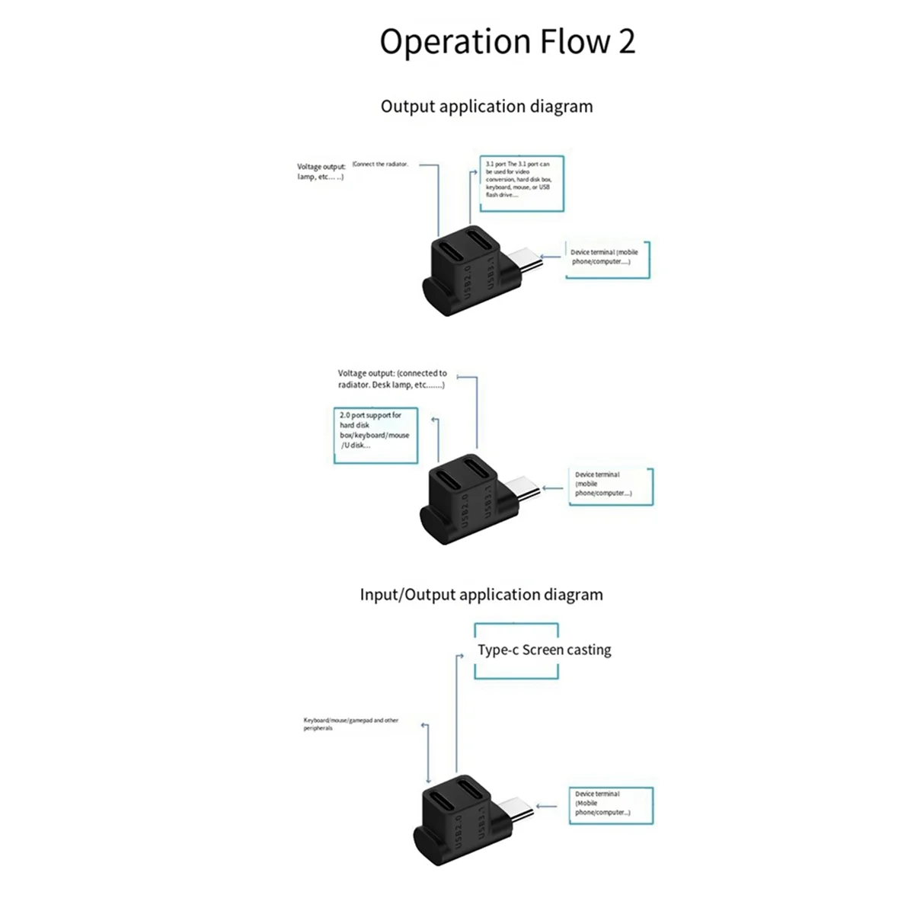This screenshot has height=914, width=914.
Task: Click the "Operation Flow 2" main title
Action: [507, 41]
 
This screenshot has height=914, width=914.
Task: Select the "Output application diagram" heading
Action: [487, 107]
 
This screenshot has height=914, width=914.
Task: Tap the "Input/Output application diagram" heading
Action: [481, 595]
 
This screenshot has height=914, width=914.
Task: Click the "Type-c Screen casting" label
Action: [544, 650]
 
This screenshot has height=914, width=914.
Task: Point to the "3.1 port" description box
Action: [522, 184]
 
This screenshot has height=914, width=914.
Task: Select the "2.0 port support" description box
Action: [376, 435]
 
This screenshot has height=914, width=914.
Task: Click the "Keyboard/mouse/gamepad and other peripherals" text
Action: [351, 724]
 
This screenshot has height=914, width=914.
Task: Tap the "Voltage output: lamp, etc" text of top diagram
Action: [321, 171]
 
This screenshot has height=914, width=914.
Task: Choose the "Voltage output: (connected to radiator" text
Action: [392, 379]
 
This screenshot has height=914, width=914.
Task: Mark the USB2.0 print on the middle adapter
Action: [465, 508]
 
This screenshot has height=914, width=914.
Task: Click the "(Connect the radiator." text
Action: [381, 164]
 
